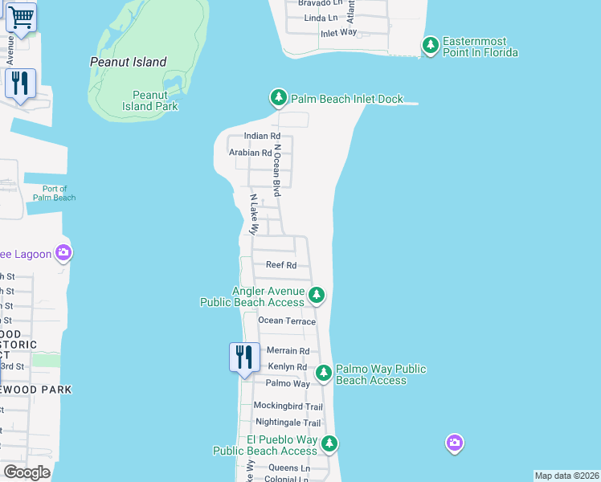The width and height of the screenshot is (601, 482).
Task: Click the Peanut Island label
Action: [x=129, y=62]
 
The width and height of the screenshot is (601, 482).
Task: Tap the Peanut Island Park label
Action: [x=150, y=100]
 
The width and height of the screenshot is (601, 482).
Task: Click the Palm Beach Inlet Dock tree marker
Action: [x=279, y=98]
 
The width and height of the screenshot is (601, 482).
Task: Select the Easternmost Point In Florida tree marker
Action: [x=431, y=46]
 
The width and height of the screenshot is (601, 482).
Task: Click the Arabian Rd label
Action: [x=250, y=153]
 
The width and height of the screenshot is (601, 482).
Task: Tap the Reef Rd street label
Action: [x=281, y=265]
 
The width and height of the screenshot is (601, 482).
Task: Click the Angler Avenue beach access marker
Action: [x=317, y=296]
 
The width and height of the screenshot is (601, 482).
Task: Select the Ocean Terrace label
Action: [x=287, y=321]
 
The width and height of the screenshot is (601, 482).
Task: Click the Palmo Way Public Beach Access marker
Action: [x=324, y=373]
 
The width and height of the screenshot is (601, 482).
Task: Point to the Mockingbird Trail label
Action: [x=288, y=406]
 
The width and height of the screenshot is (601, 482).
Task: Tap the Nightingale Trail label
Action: [x=288, y=423]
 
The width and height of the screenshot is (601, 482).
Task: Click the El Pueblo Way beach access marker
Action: [x=329, y=443]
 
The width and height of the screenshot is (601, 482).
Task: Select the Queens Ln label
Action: [x=288, y=468]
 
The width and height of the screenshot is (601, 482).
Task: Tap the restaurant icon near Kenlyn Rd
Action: [x=244, y=356]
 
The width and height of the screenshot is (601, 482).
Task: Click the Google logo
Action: [x=27, y=472]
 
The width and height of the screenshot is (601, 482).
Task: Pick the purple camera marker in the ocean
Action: [x=455, y=443]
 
